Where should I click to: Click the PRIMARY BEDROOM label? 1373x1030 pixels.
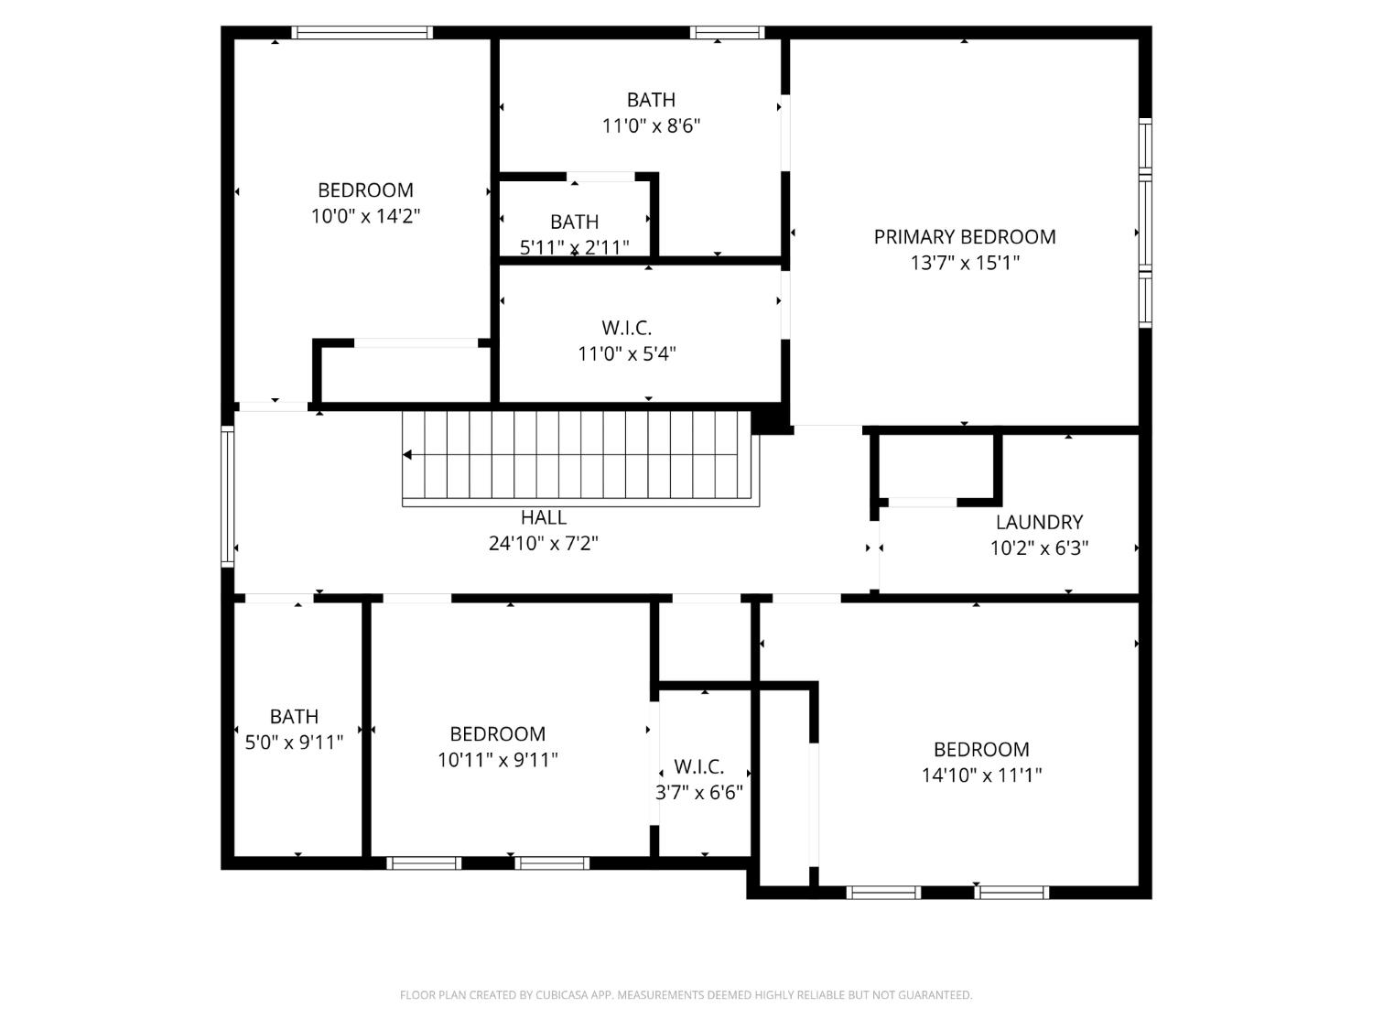pos(965,237)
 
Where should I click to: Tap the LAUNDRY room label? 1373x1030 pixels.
pos(1039,523)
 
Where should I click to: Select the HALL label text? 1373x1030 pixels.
pos(544,518)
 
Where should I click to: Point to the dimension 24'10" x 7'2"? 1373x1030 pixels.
pos(544,544)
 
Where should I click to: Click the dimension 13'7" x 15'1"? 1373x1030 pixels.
pos(965,264)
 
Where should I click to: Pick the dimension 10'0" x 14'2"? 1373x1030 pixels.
pos(365,217)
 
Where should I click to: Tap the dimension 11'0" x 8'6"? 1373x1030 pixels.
pos(651,126)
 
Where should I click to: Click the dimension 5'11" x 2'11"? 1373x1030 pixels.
pos(574,247)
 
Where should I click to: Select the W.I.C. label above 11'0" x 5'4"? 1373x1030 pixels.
pos(627,328)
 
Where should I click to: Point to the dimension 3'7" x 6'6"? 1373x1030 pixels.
pos(699,793)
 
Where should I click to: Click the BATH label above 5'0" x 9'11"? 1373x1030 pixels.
pos(294,717)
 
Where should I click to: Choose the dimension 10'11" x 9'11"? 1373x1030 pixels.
pos(497,760)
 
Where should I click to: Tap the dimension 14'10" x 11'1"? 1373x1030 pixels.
pos(981,775)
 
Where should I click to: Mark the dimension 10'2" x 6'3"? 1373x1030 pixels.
pos(1039,548)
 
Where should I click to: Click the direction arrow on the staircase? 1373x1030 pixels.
pos(407,455)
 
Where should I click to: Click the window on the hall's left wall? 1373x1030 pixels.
pos(227,496)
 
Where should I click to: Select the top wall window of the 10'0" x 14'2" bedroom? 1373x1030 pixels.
pos(362,33)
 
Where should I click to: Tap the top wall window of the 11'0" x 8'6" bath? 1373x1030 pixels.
pos(727,33)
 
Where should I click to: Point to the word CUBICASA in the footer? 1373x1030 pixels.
pos(560,995)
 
